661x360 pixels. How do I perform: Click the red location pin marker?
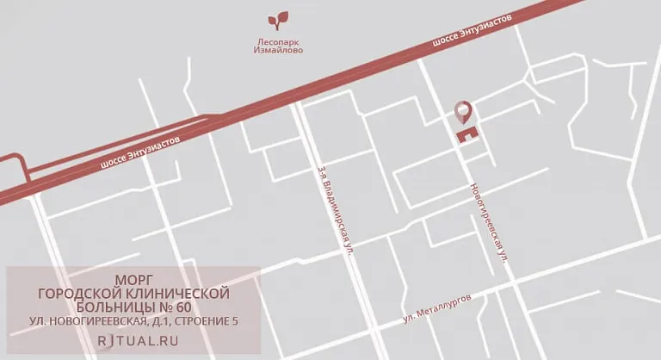point(463,111)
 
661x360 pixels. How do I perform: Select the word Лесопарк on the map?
point(278,40)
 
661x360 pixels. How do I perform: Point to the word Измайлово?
point(278,50)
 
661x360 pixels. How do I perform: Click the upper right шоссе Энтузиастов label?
point(474,31)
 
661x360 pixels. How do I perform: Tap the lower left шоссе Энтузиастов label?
point(141,153)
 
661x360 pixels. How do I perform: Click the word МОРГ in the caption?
point(133,279)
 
